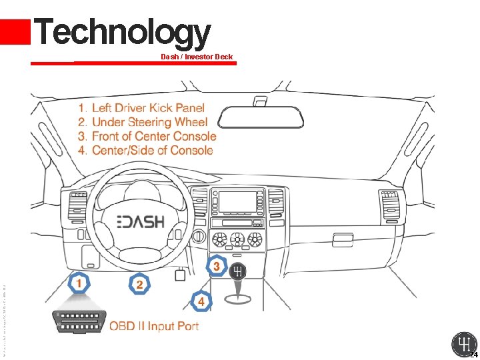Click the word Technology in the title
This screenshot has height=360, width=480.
tap(122, 32)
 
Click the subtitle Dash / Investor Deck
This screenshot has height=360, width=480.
tap(197, 57)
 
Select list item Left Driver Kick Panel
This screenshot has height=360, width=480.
tap(147, 108)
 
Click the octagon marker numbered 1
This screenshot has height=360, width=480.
tap(79, 284)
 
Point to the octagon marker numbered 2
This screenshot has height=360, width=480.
tap(139, 285)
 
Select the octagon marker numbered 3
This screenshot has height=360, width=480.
tap(217, 266)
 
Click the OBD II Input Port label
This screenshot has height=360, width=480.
tap(154, 326)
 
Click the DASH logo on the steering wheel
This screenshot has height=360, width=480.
tap(141, 221)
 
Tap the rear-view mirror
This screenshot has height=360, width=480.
tap(263, 115)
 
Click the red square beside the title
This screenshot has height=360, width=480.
tap(15, 32)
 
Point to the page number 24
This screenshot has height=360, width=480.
tap(473, 354)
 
